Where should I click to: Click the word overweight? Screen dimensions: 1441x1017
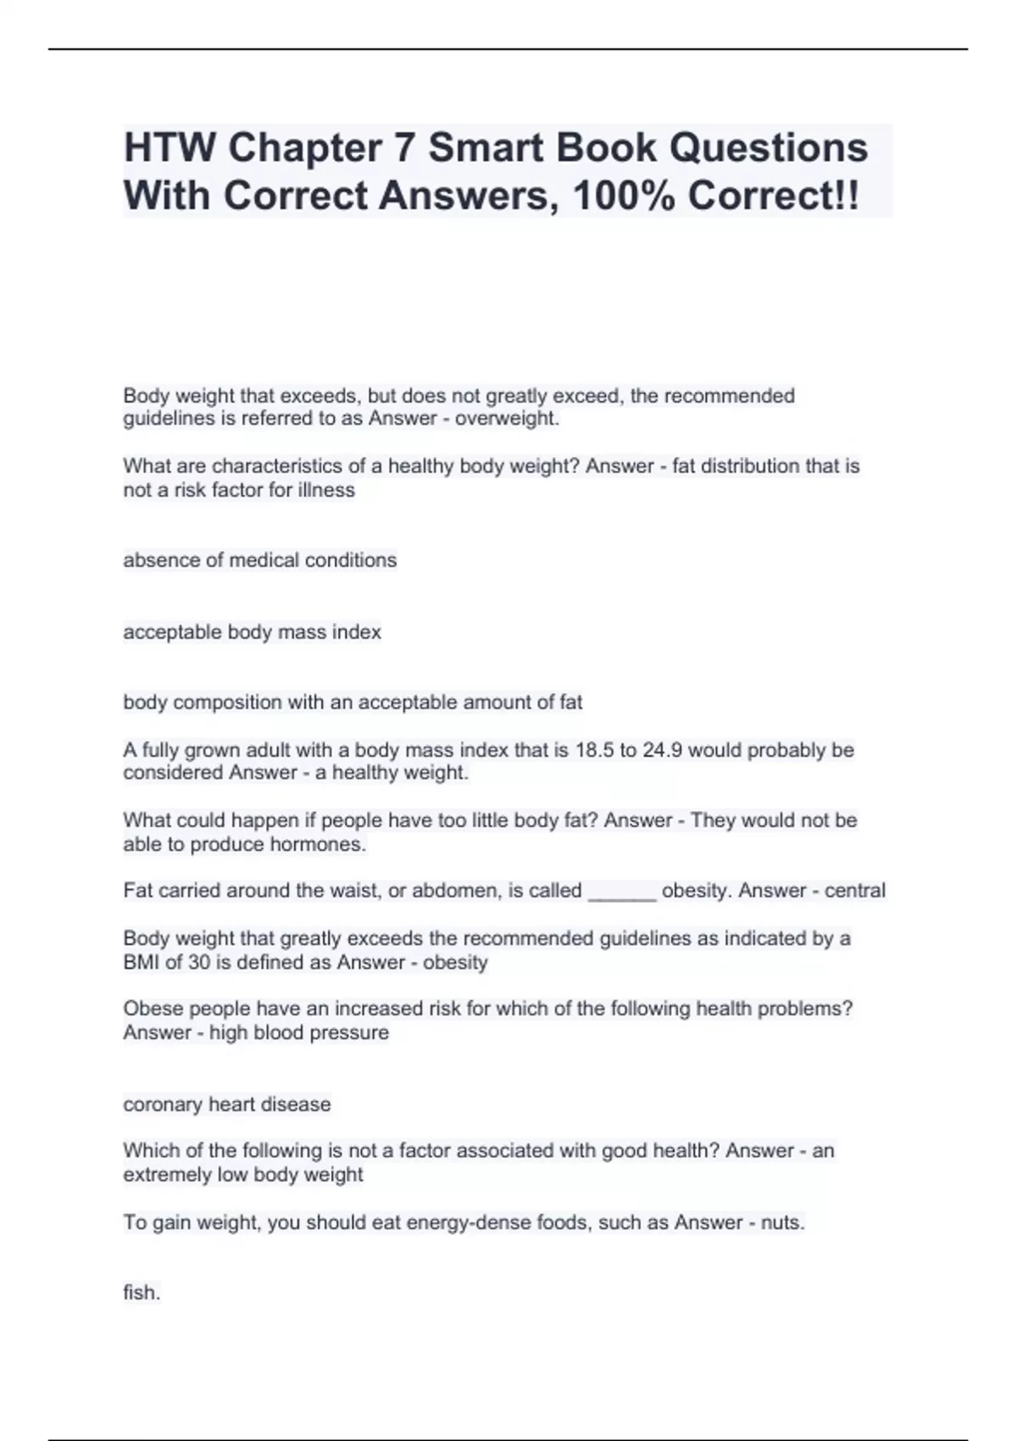pos(506,419)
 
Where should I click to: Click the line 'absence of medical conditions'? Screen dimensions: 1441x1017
pos(259,560)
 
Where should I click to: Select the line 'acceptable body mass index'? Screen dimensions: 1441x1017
pos(252,632)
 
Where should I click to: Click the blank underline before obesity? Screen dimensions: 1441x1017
pos(621,892)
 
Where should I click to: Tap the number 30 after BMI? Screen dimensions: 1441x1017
pos(198,963)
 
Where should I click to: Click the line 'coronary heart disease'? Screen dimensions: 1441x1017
pos(226,1104)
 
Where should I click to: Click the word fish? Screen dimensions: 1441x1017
pos(142,1293)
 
